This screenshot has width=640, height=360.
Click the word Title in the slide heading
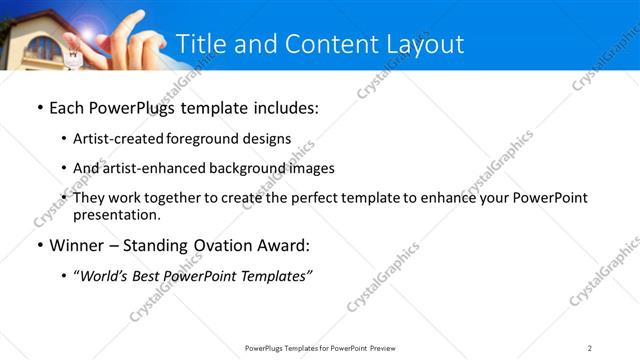tap(200, 44)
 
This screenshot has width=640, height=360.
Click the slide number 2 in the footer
tap(590, 347)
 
